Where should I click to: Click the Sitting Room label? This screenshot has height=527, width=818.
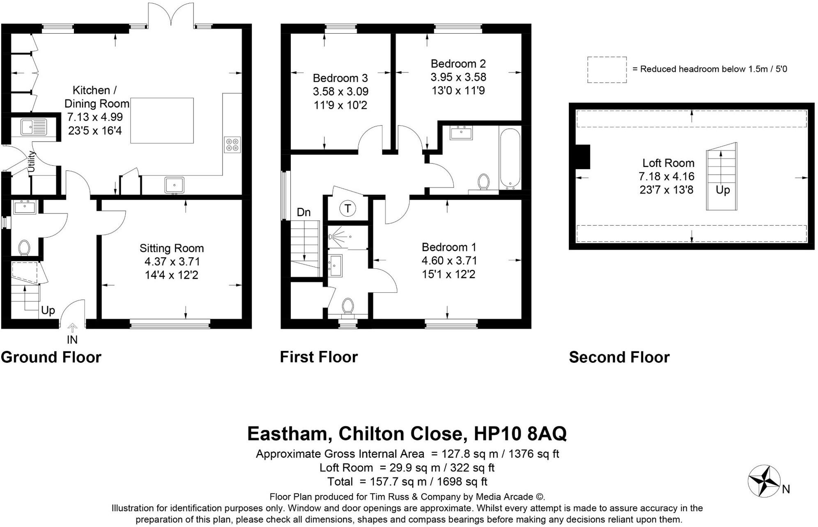(x=172, y=248)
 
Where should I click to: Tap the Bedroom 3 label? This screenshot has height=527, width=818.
(x=340, y=78)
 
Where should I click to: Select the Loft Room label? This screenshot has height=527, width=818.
(x=668, y=163)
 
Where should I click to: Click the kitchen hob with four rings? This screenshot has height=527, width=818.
(x=232, y=144)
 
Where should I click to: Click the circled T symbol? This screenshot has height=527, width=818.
(x=347, y=209)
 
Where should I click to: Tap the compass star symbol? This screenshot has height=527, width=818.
(x=763, y=481)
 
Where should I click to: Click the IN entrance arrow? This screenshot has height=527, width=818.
(x=72, y=328)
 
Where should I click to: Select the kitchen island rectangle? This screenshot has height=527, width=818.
(x=162, y=121)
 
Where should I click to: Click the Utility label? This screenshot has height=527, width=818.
(x=32, y=162)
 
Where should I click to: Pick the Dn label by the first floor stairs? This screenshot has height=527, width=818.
(x=303, y=212)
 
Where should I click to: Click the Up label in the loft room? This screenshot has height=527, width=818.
(x=723, y=190)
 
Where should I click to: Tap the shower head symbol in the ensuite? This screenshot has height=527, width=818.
(x=331, y=237)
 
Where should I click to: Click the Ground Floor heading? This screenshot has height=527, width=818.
(x=51, y=357)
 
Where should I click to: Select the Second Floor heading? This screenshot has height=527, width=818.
(x=619, y=357)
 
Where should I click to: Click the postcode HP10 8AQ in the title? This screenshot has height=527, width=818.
(x=520, y=433)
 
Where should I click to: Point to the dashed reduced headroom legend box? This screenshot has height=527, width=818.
(x=607, y=70)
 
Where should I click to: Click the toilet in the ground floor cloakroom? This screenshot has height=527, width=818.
(x=24, y=248)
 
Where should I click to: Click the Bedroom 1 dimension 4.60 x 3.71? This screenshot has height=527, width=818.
(x=449, y=261)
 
